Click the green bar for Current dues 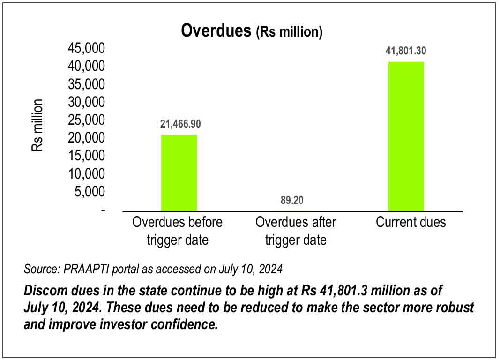click(x=406, y=136)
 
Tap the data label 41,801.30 click(x=406, y=52)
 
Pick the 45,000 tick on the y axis click(x=87, y=49)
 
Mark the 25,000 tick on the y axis click(x=87, y=120)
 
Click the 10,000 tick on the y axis click(x=87, y=173)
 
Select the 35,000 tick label click(x=87, y=84)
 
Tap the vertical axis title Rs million click(x=37, y=125)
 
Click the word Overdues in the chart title click(x=216, y=30)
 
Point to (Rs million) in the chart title click(x=289, y=32)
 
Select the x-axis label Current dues click(x=411, y=222)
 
